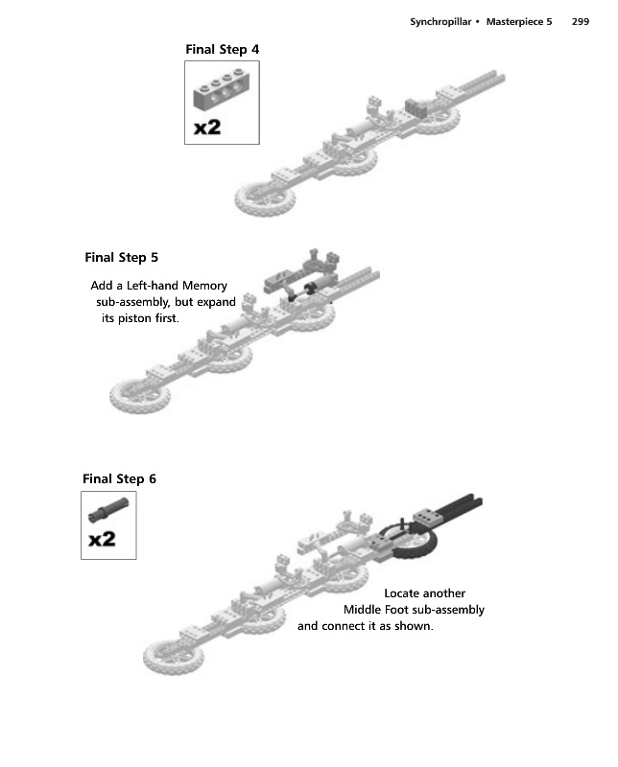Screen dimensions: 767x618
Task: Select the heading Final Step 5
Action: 122,257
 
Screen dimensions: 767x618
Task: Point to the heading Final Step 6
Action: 119,479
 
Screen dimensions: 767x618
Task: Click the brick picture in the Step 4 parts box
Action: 222,90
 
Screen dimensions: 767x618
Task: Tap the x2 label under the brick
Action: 207,128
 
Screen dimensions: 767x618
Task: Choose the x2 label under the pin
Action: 102,541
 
